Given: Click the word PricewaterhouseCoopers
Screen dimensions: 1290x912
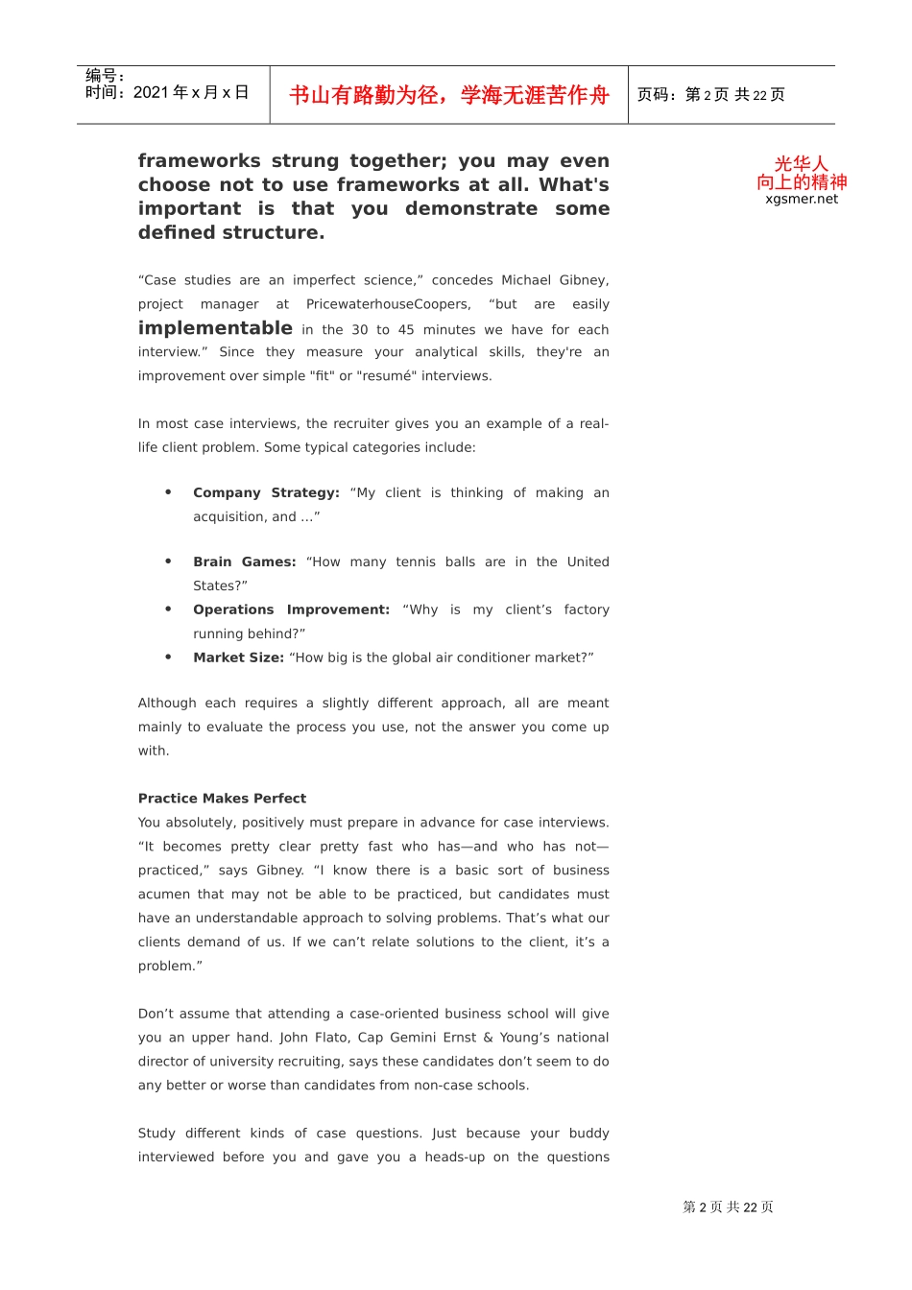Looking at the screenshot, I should click(388, 304).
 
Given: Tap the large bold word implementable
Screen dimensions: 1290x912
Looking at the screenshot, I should click(215, 328).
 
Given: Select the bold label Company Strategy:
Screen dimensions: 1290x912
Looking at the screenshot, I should click(266, 492).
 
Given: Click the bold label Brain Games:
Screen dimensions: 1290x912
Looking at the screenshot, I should click(244, 561).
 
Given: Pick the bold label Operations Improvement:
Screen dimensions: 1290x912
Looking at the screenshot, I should click(291, 609).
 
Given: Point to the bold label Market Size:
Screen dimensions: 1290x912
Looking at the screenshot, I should click(238, 657).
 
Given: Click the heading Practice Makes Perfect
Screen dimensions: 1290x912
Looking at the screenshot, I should click(222, 799).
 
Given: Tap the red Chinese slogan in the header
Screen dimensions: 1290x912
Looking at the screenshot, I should click(449, 95).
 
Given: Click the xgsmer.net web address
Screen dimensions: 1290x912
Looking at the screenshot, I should click(802, 200).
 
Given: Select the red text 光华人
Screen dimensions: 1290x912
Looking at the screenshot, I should click(801, 164).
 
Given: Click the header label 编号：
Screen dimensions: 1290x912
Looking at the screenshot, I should click(105, 75).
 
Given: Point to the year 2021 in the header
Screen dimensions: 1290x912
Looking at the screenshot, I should click(151, 93).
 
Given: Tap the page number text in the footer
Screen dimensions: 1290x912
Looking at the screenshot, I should click(728, 1207).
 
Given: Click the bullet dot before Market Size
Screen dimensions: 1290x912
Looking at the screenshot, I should click(168, 657).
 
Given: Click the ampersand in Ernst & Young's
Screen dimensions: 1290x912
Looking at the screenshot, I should click(488, 1038).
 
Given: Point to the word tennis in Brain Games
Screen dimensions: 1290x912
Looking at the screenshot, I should click(416, 561).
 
